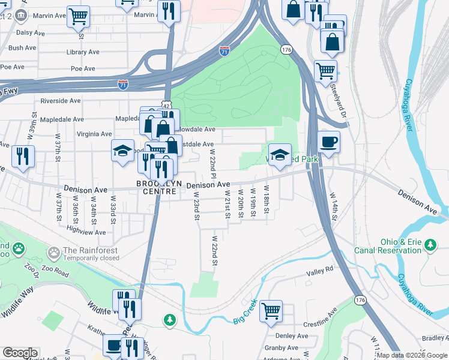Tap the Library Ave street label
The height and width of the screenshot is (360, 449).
click(83, 52)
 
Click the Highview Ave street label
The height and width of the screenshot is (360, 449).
click(86, 231)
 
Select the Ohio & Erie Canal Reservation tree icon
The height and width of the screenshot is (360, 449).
click(430, 244)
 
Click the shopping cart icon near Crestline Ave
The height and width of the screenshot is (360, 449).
click(271, 310)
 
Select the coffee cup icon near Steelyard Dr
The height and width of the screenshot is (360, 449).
click(330, 142)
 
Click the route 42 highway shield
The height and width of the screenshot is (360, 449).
click(166, 104)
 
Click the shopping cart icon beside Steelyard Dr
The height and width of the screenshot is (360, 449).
click(325, 71)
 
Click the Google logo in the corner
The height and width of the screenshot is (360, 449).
click(20, 353)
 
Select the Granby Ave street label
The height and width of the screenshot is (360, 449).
click(282, 347)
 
